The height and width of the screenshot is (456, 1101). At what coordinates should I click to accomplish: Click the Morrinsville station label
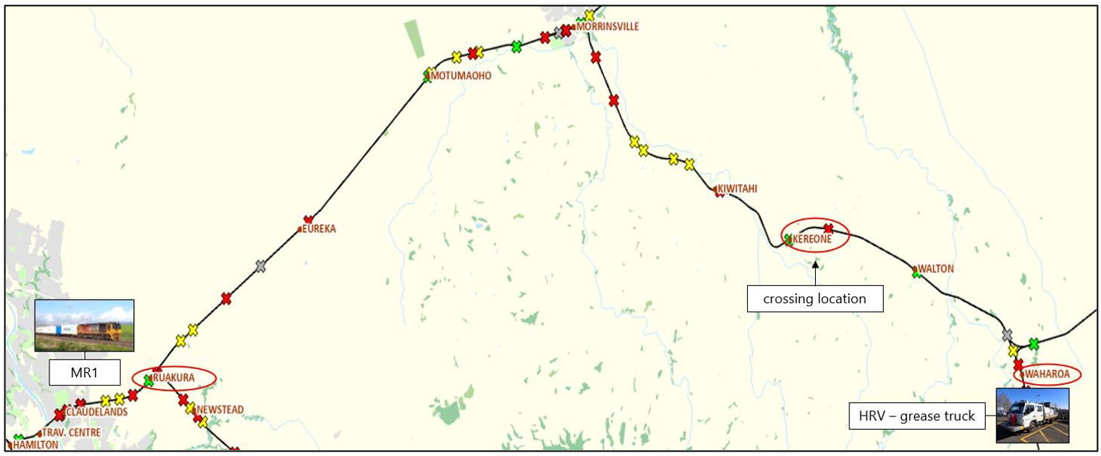tap(608, 27)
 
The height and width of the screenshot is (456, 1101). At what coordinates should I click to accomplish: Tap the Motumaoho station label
tap(462, 76)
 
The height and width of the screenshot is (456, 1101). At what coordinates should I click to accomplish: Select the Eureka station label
tap(320, 229)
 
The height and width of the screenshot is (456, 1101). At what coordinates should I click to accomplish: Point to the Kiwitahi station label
tap(738, 189)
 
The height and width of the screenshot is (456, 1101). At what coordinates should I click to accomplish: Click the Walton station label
tap(936, 269)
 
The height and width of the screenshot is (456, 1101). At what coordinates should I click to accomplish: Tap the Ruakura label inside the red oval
tap(174, 378)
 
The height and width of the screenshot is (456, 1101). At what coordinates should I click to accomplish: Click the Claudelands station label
tap(97, 413)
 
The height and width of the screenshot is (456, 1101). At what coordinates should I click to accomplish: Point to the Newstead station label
tap(220, 410)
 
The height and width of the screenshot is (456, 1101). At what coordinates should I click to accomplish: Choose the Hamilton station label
tap(36, 445)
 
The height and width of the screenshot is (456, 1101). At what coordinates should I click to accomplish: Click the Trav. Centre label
tap(72, 433)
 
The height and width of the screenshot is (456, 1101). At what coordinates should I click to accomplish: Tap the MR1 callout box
tap(85, 372)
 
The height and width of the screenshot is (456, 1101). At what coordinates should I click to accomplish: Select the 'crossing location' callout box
tap(814, 299)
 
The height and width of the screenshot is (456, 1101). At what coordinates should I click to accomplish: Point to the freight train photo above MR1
tap(85, 326)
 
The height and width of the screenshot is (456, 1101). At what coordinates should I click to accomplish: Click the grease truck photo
tap(1031, 416)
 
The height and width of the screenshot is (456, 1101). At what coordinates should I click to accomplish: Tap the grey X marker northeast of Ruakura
tap(260, 266)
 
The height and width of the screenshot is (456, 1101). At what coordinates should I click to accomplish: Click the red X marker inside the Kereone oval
tap(828, 228)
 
